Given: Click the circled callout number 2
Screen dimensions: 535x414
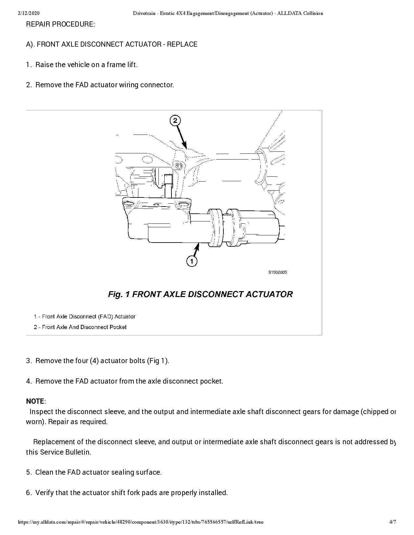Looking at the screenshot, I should pyautogui.click(x=175, y=121).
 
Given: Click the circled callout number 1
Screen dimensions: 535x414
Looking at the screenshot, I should pyautogui.click(x=192, y=261).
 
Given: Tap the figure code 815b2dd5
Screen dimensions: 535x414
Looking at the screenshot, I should pyautogui.click(x=278, y=272).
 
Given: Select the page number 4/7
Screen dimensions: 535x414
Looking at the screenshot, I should pyautogui.click(x=393, y=522).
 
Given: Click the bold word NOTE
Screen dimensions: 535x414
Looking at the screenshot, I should pyautogui.click(x=35, y=401).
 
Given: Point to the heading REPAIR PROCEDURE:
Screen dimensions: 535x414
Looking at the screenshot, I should pyautogui.click(x=60, y=24).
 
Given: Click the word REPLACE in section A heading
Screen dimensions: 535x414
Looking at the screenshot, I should pyautogui.click(x=182, y=44).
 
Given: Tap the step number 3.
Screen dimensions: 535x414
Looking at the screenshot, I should pyautogui.click(x=28, y=361).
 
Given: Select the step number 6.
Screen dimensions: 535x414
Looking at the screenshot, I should pyautogui.click(x=28, y=493).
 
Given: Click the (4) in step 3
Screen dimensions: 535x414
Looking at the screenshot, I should pyautogui.click(x=94, y=361).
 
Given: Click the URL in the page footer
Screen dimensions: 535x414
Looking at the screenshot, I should pyautogui.click(x=141, y=522).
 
